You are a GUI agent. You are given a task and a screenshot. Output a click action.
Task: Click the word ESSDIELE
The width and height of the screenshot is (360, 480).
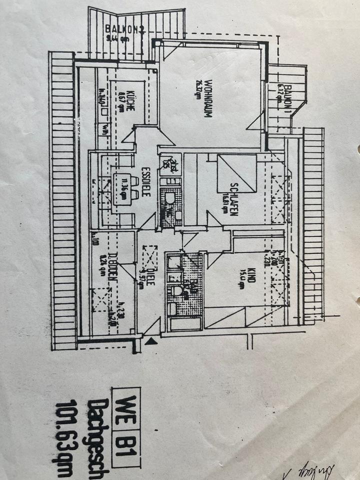tap(144, 181)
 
